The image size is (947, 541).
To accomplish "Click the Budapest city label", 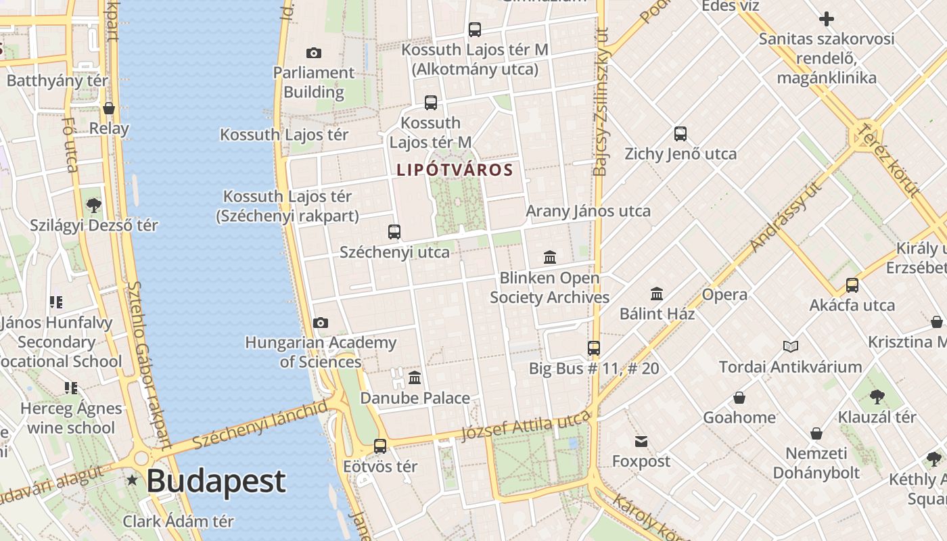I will pos(215,481).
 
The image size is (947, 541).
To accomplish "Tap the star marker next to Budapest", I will pos(132,480).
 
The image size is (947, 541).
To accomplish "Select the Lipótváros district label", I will pos(455,170).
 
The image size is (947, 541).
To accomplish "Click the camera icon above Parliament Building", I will pos(314,53).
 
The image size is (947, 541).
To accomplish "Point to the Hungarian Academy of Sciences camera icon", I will pos(321,323).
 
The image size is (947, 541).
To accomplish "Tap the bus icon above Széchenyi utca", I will pos(394,232).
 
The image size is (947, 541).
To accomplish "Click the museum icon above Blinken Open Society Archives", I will pos(550,257).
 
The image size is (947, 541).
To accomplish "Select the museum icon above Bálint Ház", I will pos(657,293).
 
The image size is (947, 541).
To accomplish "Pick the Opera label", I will pos(724,295).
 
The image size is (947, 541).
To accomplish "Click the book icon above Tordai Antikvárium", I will pos(790,346).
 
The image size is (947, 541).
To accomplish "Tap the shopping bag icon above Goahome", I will pos(739,398).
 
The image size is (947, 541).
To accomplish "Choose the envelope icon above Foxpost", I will pos(641,442).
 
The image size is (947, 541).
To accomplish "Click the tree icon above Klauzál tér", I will pos(877,396).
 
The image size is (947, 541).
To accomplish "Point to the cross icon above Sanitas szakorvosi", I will pos(826,19).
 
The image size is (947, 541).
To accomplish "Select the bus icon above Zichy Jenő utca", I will pos(680,134).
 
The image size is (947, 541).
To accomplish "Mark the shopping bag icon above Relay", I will pos(109,108).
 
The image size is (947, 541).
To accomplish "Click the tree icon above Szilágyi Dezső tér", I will pos(93,205).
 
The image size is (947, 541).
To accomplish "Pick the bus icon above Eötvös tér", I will pos(380,446).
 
